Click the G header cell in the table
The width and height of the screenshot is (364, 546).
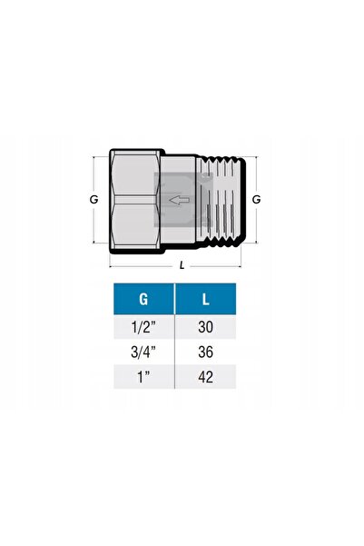click(x=143, y=299)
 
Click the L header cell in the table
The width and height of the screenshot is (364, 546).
click(x=206, y=299)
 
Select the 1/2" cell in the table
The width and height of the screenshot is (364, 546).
click(x=143, y=327)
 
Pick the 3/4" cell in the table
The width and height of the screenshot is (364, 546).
click(x=143, y=352)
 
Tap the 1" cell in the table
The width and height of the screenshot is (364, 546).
click(x=143, y=377)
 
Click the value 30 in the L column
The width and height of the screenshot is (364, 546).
click(x=206, y=327)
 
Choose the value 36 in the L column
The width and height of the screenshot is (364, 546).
click(x=206, y=352)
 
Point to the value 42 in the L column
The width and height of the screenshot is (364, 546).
click(x=206, y=377)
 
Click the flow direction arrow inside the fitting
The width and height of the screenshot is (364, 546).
click(x=179, y=200)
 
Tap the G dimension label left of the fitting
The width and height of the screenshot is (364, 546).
click(x=94, y=200)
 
